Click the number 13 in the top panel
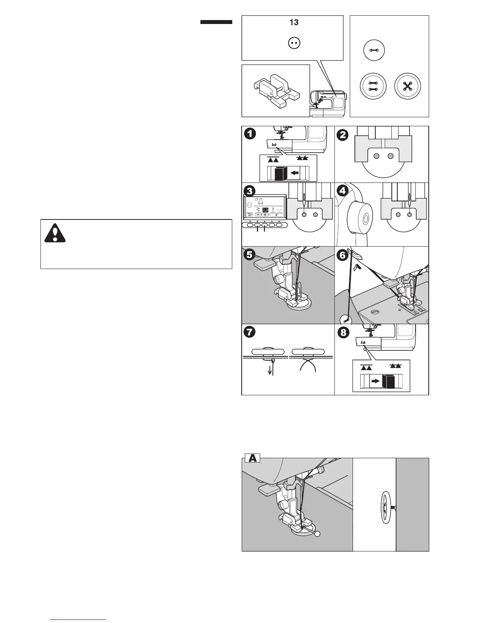pos(294,22)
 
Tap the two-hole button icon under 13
pos(294,44)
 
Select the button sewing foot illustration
pos(276,91)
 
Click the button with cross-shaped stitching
pos(408,86)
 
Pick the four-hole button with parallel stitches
pos(373,86)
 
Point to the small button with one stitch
pos(374,51)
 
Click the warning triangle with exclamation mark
pos(55,233)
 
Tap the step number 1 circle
pos(249,134)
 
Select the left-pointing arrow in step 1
pos(294,172)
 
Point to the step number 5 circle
pos(249,254)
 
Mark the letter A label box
pos(253,458)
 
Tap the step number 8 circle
pos(343,332)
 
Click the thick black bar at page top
pos(216,22)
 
